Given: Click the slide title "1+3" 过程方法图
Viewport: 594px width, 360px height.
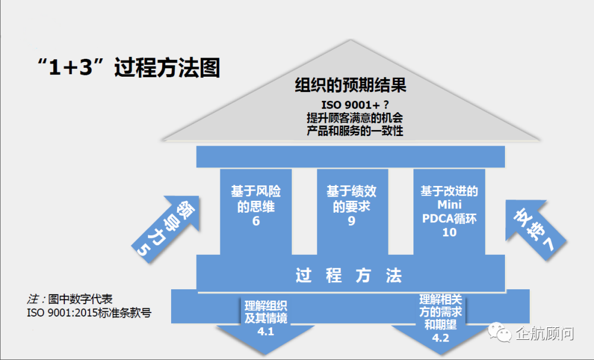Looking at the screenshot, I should (x=128, y=68).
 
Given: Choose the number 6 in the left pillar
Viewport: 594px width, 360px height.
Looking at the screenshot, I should (x=256, y=222).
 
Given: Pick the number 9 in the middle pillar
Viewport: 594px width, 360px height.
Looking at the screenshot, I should (x=352, y=222).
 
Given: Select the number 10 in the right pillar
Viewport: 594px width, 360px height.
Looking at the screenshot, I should (x=449, y=232).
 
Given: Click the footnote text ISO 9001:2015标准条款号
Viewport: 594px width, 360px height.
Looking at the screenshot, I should (x=89, y=312).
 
